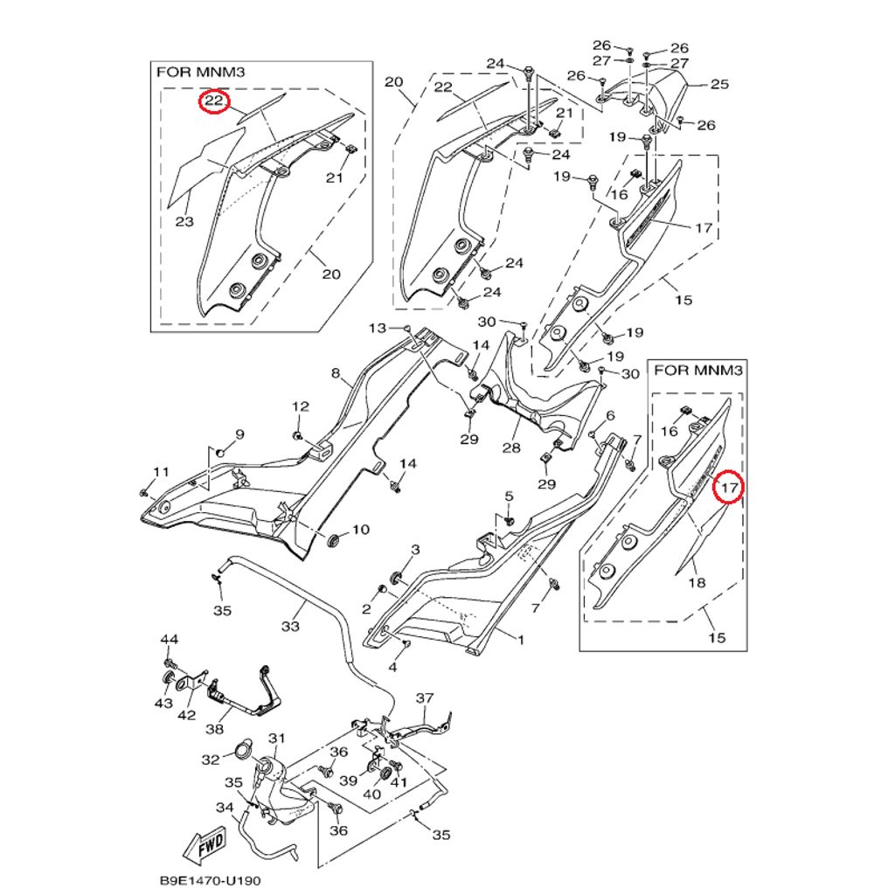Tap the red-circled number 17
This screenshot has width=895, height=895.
(728, 487)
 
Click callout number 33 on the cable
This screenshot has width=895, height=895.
(290, 627)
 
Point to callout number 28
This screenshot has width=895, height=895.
(510, 448)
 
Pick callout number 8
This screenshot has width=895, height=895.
(335, 374)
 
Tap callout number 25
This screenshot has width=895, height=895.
(719, 85)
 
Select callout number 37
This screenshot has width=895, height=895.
(425, 698)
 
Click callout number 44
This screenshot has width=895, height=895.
(169, 640)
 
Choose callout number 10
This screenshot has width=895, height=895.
(360, 530)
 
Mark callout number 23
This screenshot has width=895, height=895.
(184, 221)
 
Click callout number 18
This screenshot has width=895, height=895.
(697, 583)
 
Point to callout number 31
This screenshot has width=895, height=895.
(277, 739)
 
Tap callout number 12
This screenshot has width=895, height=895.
(300, 406)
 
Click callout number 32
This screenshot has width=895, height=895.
(211, 760)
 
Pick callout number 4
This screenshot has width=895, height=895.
(392, 668)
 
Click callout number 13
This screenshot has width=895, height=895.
(377, 328)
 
